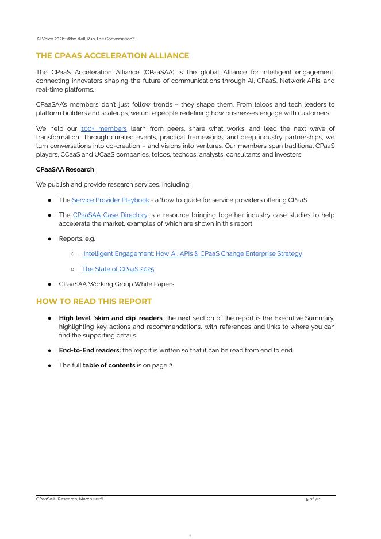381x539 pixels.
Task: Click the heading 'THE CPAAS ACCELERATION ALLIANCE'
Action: pos(112,56)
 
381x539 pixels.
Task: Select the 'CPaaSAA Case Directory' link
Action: pos(110,215)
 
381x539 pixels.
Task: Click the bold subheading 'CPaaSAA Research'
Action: pos(65,169)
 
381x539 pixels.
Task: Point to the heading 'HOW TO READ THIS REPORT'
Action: pos(94,302)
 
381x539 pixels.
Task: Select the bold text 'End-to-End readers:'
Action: pos(89,350)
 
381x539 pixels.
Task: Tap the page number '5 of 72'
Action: pos(312,499)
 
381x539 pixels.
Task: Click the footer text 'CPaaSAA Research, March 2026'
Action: pos(70,499)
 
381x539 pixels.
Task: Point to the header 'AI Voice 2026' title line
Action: pos(85,39)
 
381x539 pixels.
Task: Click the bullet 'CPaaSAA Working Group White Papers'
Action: pos(116,284)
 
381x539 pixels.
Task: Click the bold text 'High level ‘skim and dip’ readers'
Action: pos(110,318)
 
